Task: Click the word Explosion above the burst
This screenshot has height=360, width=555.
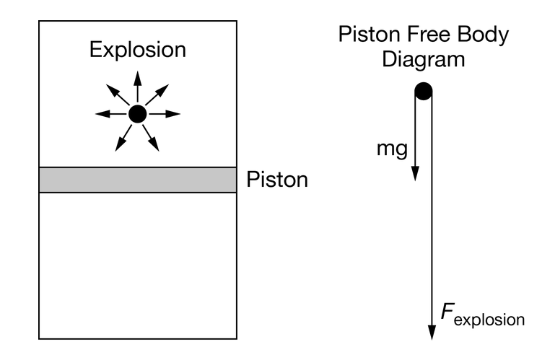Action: click(x=137, y=51)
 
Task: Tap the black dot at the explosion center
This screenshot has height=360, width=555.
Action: click(x=137, y=114)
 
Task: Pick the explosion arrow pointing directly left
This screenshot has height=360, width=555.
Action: click(x=108, y=114)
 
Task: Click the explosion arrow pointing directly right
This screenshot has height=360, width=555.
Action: click(x=167, y=114)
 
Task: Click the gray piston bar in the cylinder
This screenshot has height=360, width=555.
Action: click(x=137, y=180)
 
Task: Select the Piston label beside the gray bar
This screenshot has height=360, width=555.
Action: click(x=277, y=180)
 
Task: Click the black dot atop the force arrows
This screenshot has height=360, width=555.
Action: click(x=423, y=91)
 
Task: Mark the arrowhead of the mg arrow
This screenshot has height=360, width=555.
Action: click(x=415, y=174)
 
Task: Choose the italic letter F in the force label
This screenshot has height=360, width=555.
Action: click(x=447, y=312)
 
